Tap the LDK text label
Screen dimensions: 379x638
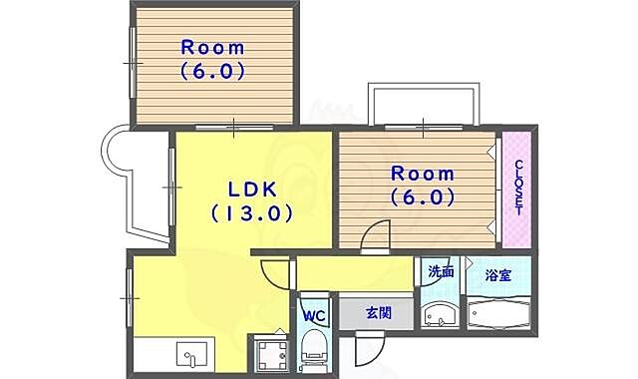(250, 189)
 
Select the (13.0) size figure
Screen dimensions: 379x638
(250, 212)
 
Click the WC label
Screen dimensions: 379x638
(314, 317)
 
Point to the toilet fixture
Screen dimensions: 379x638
(313, 350)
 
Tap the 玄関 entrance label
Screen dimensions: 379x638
(379, 312)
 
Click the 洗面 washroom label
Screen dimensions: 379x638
(441, 271)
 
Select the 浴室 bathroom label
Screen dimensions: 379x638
(498, 274)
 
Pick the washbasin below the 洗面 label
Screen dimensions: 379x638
(438, 317)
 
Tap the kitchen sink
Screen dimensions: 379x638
(191, 354)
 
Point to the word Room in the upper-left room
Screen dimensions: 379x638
(212, 48)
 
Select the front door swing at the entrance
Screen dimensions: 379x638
(366, 349)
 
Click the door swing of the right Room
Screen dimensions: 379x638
(376, 236)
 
